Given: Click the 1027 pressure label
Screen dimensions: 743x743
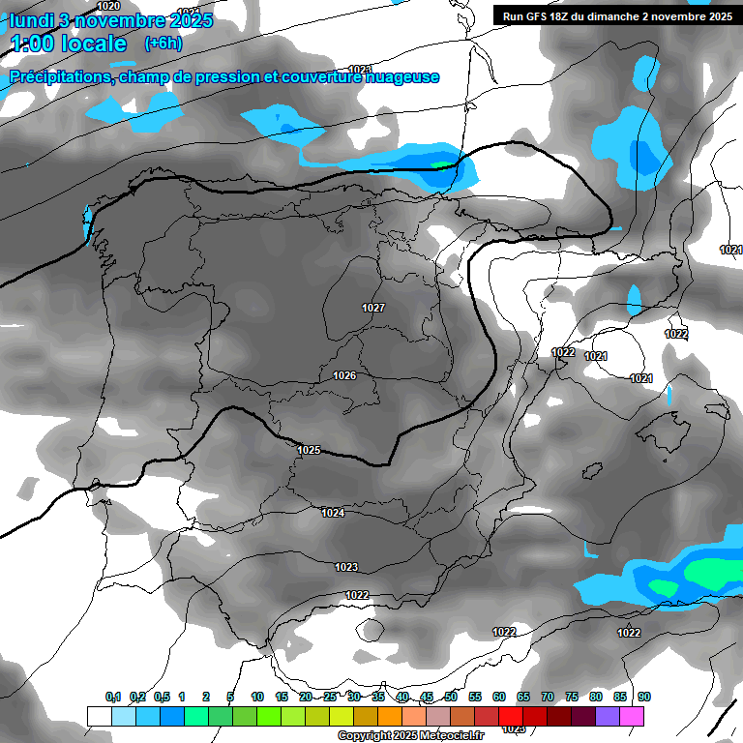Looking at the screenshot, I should (373, 308).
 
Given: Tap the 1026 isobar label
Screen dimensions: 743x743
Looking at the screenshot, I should (344, 375).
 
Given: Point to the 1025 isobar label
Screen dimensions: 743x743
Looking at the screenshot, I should (309, 450).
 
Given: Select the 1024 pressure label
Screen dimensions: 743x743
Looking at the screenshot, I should (332, 513).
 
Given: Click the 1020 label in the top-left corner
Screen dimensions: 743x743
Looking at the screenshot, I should (109, 6).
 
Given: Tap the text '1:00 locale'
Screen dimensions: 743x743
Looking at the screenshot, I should (68, 44).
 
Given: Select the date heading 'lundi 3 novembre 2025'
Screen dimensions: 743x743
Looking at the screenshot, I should (111, 19).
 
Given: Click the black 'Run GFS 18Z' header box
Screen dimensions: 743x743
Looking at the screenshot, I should (615, 15).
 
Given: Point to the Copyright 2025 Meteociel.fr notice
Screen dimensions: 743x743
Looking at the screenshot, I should (411, 735).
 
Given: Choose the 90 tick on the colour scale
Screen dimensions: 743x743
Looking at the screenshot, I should (644, 697).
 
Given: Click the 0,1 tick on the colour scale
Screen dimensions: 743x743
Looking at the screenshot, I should (113, 697).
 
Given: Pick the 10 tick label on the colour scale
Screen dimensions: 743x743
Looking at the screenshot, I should (257, 697).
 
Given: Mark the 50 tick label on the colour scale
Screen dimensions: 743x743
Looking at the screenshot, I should (451, 697).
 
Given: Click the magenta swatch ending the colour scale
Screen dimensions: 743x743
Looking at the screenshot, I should (632, 716).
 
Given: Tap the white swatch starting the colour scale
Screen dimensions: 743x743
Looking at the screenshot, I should (99, 716).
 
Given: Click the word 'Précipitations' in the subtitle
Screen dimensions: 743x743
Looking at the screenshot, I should (58, 77).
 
